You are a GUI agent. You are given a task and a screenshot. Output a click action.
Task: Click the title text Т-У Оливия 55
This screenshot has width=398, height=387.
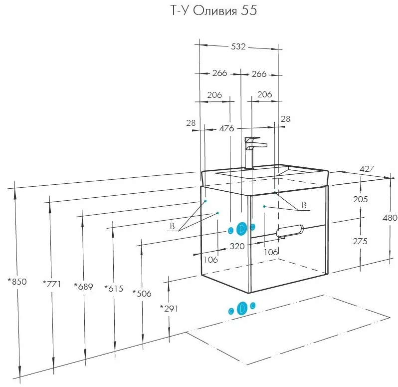coord(213,10)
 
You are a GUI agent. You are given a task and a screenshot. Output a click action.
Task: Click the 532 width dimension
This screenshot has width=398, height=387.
coord(238,46)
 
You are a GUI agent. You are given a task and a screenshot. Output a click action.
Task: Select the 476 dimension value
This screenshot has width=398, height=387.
coord(226,128)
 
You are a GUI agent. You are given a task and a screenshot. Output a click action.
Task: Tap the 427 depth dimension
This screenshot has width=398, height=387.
coord(367,169)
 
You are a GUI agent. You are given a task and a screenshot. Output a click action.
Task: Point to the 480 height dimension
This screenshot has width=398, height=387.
coord(390,218)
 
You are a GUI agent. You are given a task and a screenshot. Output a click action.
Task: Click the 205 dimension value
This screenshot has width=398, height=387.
coord(361,199)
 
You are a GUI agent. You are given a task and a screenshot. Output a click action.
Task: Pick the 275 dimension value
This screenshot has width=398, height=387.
coord(360,241)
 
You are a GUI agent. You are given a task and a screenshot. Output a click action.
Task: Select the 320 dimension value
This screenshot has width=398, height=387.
coord(237,246)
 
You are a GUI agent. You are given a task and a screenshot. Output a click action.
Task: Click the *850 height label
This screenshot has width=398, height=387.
coord(17,282)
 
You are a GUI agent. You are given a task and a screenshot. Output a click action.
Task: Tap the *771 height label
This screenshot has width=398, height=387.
coord(52,284)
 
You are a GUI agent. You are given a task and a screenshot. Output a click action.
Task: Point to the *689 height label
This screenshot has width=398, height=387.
coord(83,286)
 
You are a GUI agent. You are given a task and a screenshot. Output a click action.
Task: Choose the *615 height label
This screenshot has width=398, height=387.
coord(114,289)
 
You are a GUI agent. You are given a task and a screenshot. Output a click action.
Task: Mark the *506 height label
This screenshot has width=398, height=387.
coord(142,294)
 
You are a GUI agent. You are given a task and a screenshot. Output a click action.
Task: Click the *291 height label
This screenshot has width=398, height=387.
coord(169,309)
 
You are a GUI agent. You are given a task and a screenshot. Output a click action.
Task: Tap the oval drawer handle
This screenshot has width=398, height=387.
coord(290,231)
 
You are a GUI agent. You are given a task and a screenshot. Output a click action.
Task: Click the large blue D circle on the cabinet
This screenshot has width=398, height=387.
coord(241,229)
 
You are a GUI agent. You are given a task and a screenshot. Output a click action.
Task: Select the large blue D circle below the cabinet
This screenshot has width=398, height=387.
coord(242,308)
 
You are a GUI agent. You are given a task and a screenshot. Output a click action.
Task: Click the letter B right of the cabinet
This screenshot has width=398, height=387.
coord(304,205)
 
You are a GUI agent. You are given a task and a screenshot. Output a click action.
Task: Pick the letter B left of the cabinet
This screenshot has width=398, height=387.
coord(172,226)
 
